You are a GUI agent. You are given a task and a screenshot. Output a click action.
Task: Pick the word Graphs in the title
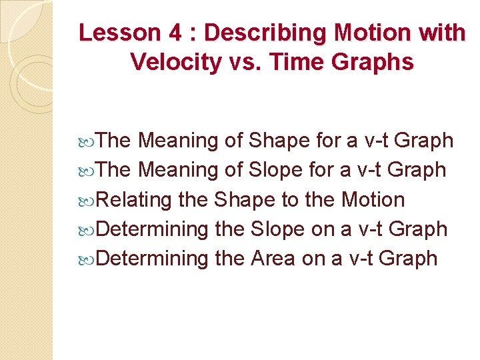[x=374, y=62]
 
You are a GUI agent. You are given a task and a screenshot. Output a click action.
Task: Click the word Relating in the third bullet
[x=135, y=199]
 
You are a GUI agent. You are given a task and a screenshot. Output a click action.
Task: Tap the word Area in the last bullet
[x=273, y=258]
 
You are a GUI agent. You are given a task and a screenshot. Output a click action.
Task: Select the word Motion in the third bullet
[x=373, y=199]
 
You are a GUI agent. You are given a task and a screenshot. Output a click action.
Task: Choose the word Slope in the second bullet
[x=277, y=170]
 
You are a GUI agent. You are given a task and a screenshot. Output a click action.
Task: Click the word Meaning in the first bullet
[x=178, y=141]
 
